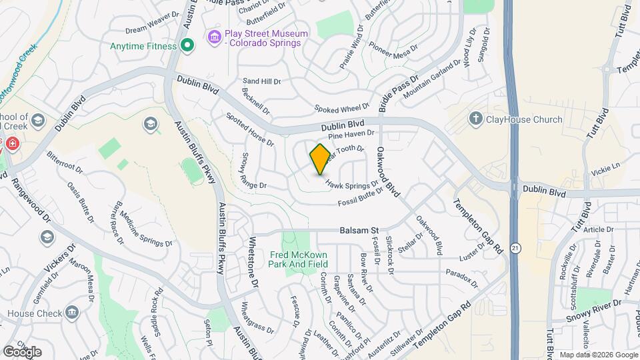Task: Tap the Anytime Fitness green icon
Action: (x=187, y=47)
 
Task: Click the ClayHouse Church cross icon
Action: (x=475, y=119)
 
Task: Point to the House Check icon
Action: (x=71, y=312)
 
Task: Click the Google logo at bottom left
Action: (x=22, y=351)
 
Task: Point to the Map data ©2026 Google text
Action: (x=598, y=355)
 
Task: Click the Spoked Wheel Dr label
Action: (x=342, y=108)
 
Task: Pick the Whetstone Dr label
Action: (x=253, y=262)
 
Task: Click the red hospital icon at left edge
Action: (x=12, y=143)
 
